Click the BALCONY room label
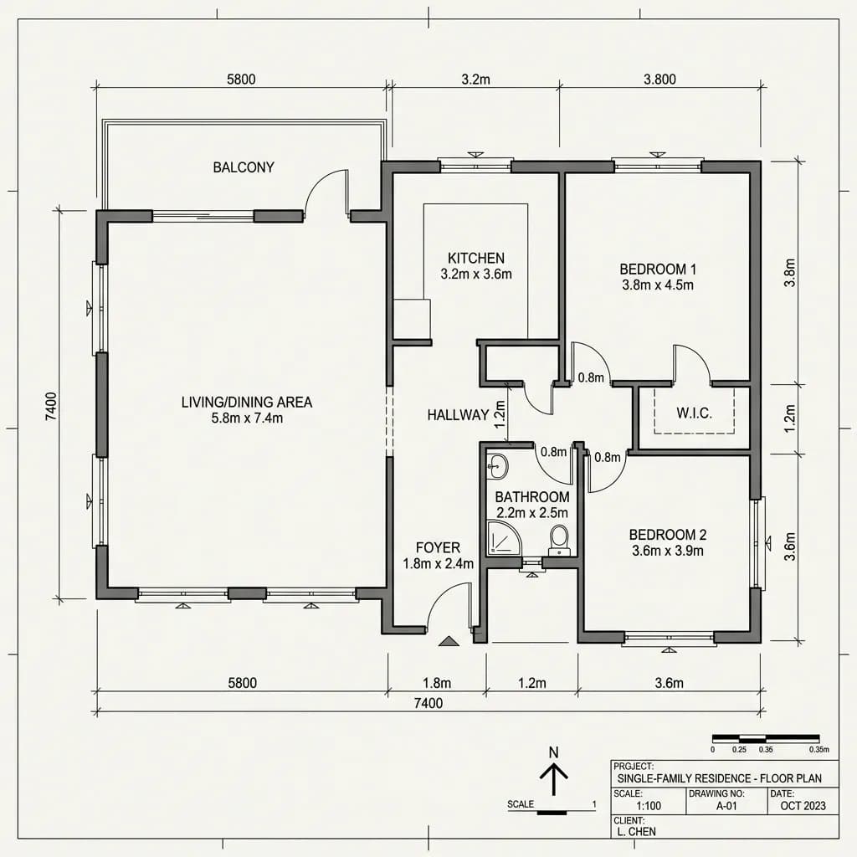pyautogui.click(x=244, y=167)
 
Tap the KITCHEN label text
pyautogui.click(x=476, y=258)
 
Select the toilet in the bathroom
pyautogui.click(x=558, y=540)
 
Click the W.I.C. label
pyautogui.click(x=694, y=413)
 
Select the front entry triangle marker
pyautogui.click(x=449, y=642)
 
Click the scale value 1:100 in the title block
pyautogui.click(x=649, y=806)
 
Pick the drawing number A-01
pyautogui.click(x=726, y=806)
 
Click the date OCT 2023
pyautogui.click(x=803, y=806)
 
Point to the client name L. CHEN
pyautogui.click(x=636, y=832)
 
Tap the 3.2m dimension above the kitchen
pyautogui.click(x=475, y=80)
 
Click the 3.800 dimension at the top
pyautogui.click(x=659, y=80)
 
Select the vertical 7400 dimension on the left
pyautogui.click(x=51, y=406)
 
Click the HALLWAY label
pyautogui.click(x=458, y=415)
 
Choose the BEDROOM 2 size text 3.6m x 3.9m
pyautogui.click(x=668, y=551)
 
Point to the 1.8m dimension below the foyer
pyautogui.click(x=437, y=683)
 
